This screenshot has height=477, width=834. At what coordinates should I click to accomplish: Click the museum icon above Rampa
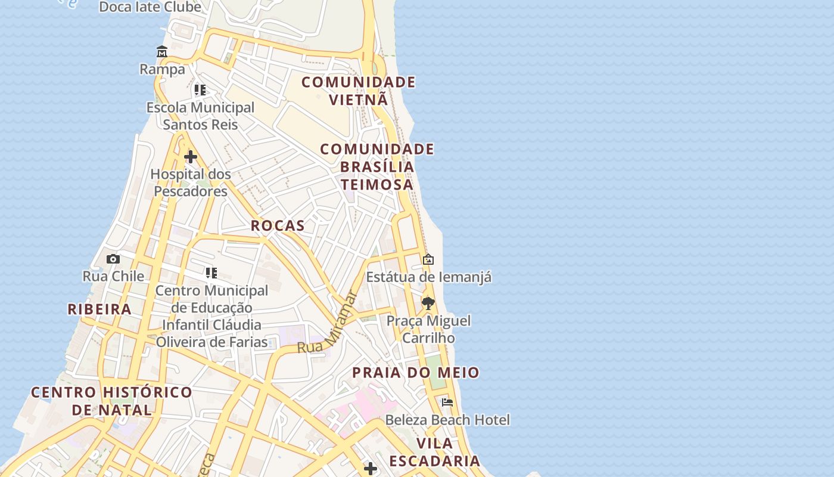coord(162,52)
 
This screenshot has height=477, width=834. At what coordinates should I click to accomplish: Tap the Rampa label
coord(162,70)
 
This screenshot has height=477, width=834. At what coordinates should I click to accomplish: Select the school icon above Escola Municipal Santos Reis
coord(200,90)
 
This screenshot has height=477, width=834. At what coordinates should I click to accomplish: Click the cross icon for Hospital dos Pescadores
coord(191,157)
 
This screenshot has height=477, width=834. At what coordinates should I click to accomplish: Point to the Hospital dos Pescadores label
coord(191,182)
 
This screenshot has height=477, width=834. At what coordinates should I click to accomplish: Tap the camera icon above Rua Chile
coord(113,259)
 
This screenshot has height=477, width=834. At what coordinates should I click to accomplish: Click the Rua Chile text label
coord(113,276)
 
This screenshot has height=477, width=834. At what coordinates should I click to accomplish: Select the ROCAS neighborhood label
coord(278,226)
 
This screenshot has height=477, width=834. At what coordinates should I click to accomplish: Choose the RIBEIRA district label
coord(99,309)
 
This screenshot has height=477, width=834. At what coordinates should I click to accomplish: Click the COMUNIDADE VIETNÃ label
coord(358,91)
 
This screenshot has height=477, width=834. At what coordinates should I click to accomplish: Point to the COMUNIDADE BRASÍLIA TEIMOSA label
coord(377,166)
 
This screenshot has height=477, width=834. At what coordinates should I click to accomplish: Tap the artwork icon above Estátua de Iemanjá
coord(428,259)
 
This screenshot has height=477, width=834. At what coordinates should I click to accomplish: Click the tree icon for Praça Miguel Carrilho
coord(428,303)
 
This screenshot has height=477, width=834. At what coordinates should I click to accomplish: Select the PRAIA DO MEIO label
coord(416,373)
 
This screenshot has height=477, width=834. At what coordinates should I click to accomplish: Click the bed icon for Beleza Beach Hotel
coord(447,402)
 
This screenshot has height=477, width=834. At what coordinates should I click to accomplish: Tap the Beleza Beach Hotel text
coord(447,420)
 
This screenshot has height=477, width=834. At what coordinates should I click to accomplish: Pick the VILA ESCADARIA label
coord(435,452)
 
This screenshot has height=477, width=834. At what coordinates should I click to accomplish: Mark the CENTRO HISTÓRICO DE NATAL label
coord(112,401)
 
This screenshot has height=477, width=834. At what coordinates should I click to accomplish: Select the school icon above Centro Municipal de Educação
coord(211,273)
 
